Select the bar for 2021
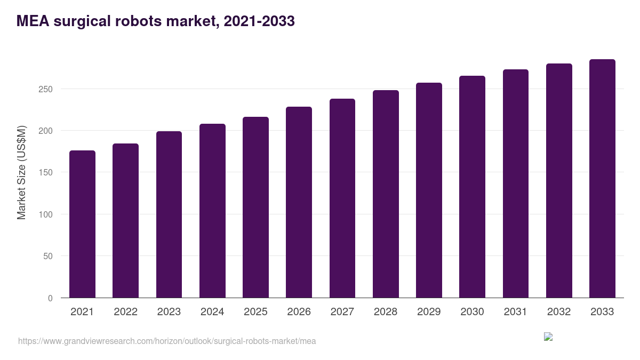82,224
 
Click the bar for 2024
212,211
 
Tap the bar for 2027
342,198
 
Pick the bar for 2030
472,187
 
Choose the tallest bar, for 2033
602,179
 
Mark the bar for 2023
169,214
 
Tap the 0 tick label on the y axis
50,298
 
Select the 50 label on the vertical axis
47,257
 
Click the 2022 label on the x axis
125,312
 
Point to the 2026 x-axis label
299,312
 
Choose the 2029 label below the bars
429,312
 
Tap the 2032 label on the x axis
559,312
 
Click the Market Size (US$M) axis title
21,172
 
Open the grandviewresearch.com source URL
167,341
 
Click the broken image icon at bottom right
548,337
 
